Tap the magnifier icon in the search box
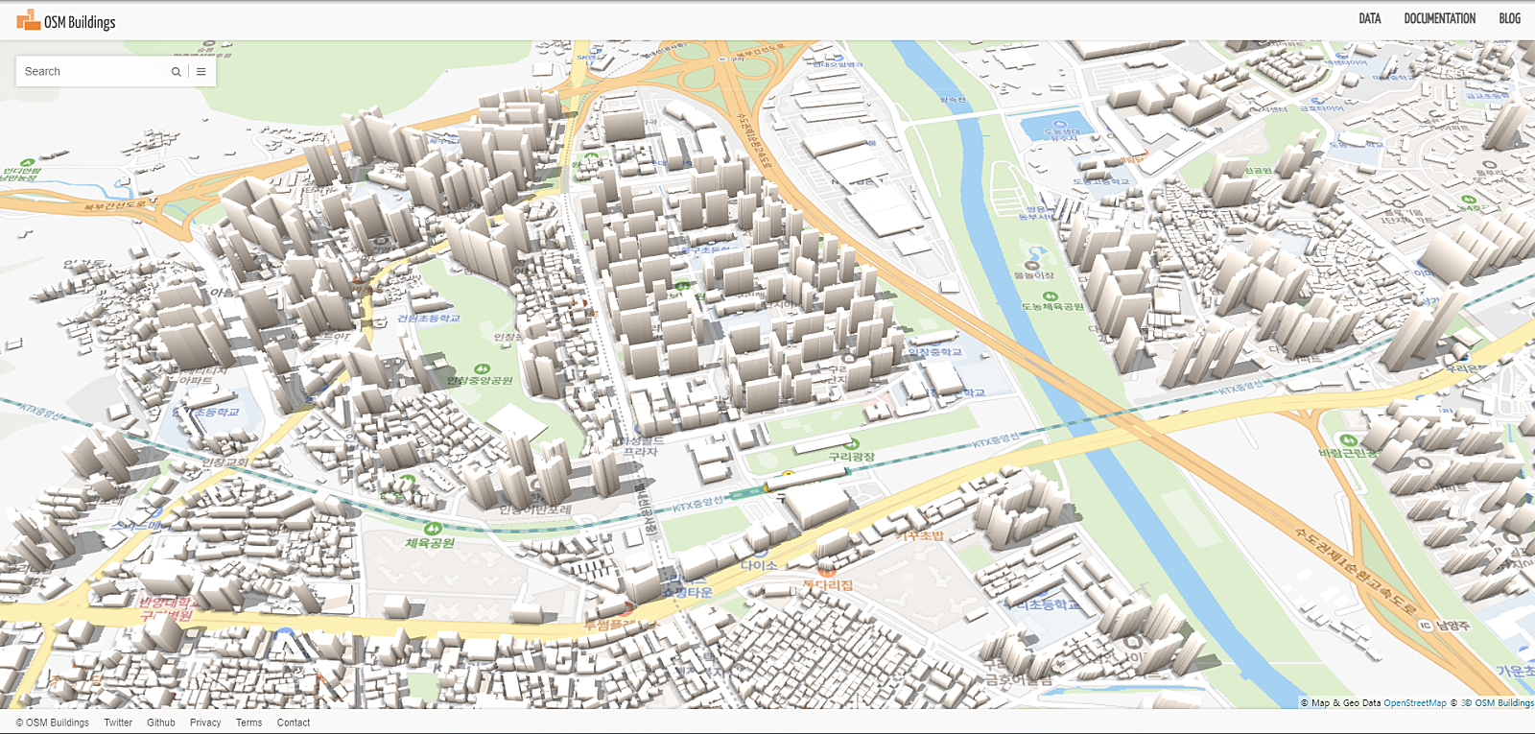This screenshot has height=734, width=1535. tap(177, 72)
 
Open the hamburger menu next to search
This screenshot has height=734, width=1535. tap(201, 72)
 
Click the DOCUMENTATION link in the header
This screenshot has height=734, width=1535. tap(1439, 18)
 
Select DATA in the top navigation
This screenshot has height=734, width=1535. tap(1369, 18)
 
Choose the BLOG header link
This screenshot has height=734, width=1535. tap(1509, 18)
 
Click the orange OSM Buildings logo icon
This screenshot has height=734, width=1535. tap(29, 19)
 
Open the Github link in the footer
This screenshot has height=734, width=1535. tap(161, 722)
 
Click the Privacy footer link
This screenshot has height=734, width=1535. tap(205, 722)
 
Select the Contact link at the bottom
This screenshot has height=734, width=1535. tap(294, 722)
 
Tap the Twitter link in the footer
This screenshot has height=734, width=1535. tap(118, 722)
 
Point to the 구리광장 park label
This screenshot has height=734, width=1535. tap(851, 457)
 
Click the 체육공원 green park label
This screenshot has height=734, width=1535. tap(430, 543)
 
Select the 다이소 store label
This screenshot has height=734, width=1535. tap(758, 565)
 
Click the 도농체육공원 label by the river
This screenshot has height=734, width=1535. tap(1052, 306)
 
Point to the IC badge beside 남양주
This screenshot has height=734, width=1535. tap(1426, 626)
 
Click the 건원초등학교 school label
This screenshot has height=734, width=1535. tap(429, 319)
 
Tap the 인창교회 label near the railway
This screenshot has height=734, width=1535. tap(224, 462)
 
